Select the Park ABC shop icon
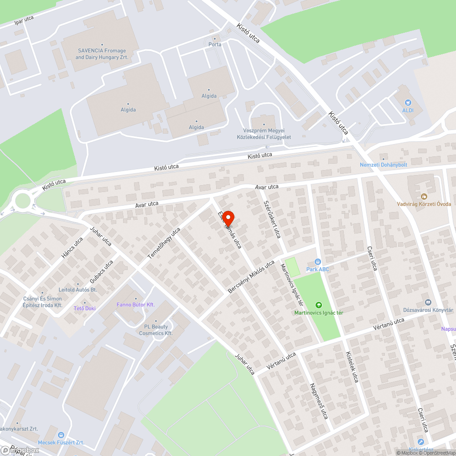click(318, 262)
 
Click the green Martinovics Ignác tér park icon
click(318, 305)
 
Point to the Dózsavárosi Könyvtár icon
click(428, 302)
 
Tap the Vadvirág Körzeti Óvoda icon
click(424, 197)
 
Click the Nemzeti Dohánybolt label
click(383, 164)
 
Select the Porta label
click(215, 44)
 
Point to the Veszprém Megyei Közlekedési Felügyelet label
click(264, 134)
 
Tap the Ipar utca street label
click(24, 20)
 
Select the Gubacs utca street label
click(101, 272)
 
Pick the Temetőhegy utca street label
click(164, 244)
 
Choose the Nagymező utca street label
click(319, 401)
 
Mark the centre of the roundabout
click(22, 200)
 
